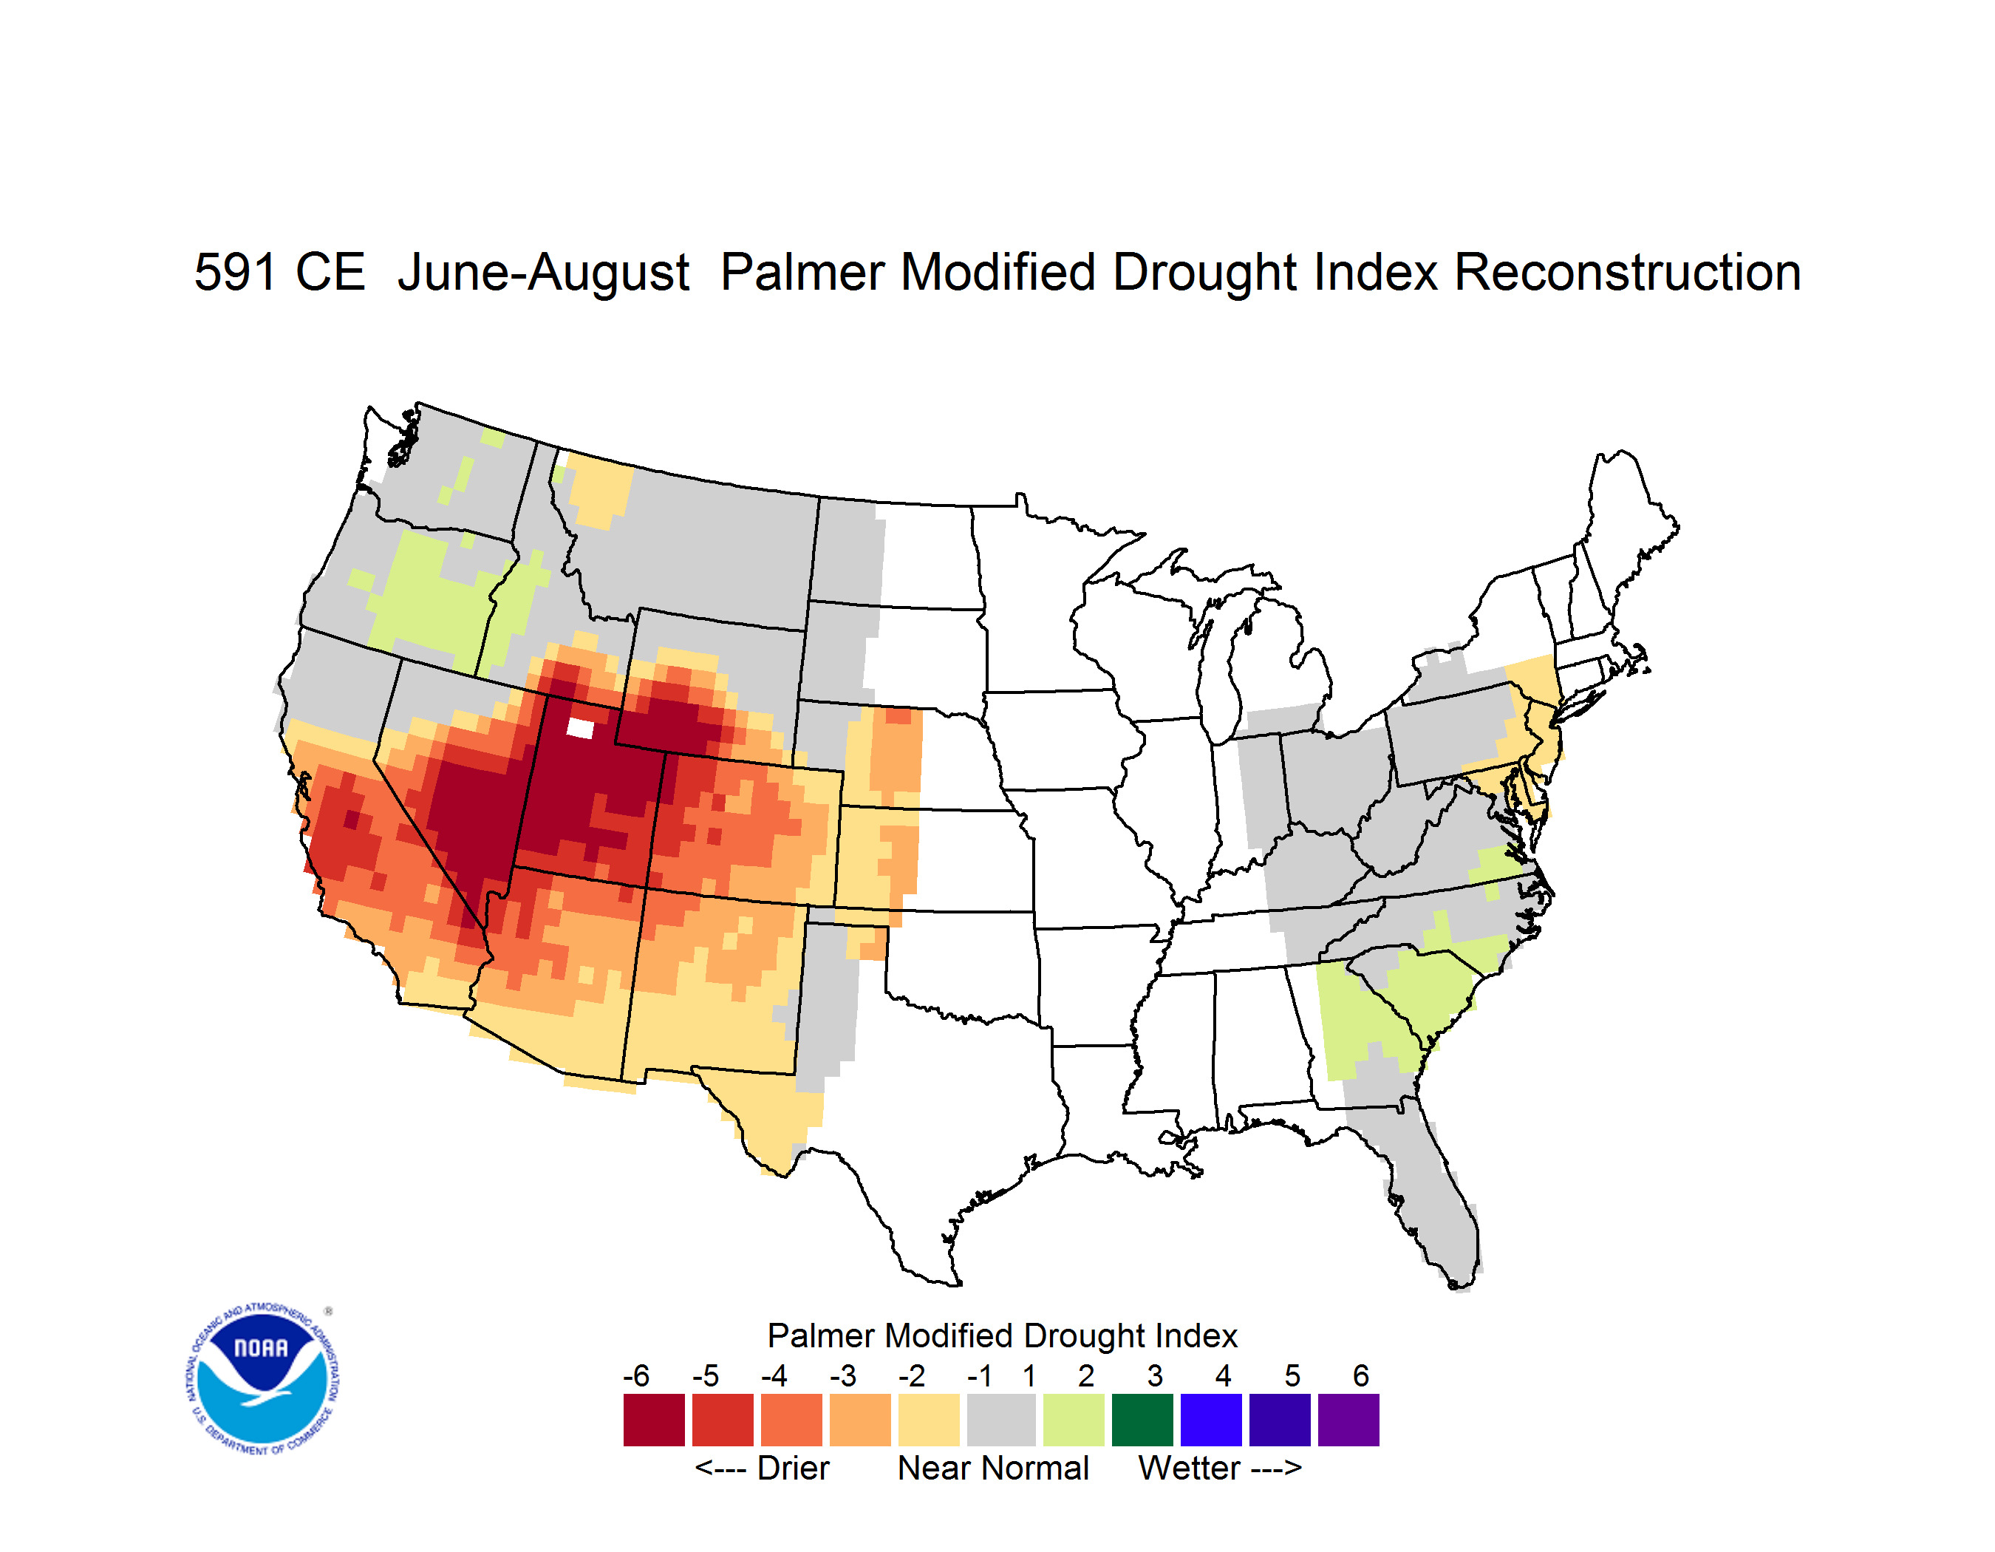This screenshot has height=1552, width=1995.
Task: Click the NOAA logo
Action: (262, 1378)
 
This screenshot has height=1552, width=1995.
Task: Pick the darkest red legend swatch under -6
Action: (654, 1420)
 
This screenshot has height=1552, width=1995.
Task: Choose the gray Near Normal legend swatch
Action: (1001, 1420)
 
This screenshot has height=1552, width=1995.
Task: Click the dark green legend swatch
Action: (1142, 1420)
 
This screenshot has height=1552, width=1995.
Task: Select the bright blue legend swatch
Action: (1211, 1420)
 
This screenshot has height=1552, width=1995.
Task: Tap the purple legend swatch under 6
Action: (1348, 1420)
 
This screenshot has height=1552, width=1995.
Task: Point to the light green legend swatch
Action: (1074, 1420)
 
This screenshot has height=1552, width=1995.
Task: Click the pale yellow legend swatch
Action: (929, 1420)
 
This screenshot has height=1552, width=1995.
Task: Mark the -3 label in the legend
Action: (843, 1375)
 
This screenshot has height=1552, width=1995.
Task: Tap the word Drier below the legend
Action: (793, 1468)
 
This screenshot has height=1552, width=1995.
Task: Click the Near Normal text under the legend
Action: (994, 1468)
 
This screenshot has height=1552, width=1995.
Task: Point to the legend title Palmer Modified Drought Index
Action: (1002, 1335)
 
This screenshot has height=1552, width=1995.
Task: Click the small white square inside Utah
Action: (581, 728)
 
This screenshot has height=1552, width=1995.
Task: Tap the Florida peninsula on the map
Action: (1434, 1197)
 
